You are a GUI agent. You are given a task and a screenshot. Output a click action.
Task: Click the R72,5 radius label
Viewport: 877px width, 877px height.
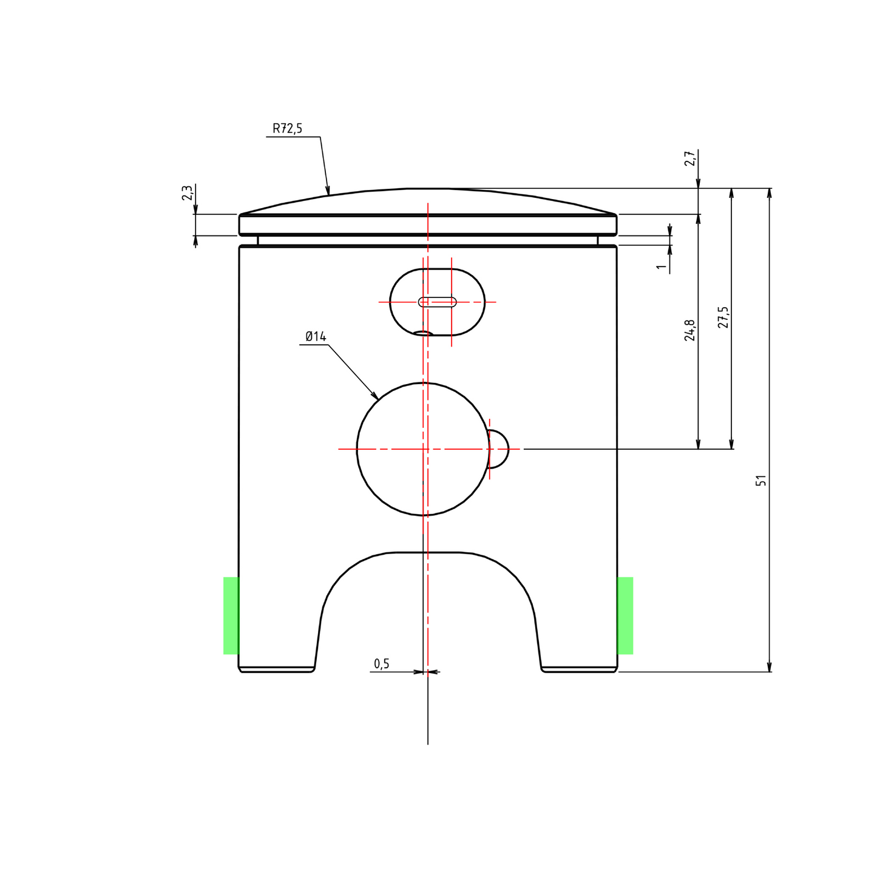[x=287, y=129]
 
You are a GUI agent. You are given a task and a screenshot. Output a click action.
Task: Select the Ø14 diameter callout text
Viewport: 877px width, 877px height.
[x=316, y=337]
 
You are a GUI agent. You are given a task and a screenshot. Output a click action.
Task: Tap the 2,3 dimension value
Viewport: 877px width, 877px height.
[x=187, y=192]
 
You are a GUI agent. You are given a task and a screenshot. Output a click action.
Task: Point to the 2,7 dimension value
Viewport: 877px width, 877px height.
[x=690, y=158]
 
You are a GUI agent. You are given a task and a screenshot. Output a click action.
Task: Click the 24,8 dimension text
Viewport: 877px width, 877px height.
[x=690, y=330]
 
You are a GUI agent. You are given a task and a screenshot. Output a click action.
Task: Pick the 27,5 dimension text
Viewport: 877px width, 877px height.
[x=723, y=317]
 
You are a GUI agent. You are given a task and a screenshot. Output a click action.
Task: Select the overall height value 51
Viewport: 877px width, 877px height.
[x=761, y=481]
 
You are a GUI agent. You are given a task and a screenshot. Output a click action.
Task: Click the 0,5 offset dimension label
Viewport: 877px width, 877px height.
[x=382, y=664]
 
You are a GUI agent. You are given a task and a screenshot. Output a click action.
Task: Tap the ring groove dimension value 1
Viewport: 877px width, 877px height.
[x=662, y=266]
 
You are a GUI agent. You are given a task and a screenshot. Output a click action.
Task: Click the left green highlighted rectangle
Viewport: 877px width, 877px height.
[x=231, y=616]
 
